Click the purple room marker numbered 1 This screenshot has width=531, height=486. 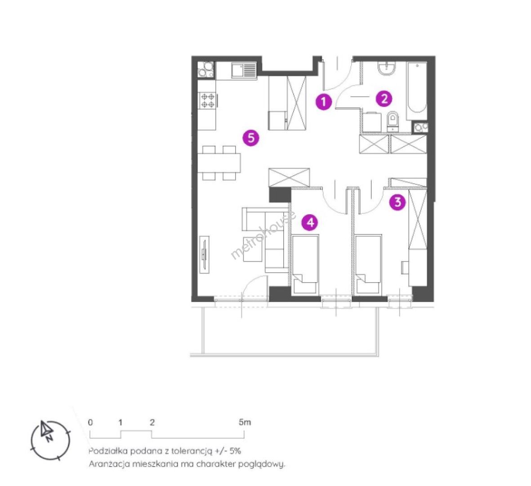tap(323, 101)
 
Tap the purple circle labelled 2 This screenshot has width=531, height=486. tap(384, 99)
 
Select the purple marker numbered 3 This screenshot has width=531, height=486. tap(397, 202)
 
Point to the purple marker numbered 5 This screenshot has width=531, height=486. tap(251, 138)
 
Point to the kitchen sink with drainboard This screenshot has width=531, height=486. tap(244, 71)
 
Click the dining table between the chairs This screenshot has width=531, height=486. tap(219, 163)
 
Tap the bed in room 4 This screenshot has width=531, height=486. tap(305, 264)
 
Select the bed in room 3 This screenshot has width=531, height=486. tap(368, 264)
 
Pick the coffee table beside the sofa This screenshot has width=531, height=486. tap(253, 249)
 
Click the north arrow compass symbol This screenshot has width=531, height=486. tap(50, 440)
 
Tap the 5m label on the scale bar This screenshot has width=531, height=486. tap(245, 422)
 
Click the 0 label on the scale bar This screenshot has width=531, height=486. tap(90, 422)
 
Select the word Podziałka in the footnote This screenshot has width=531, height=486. tap(108, 451)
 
